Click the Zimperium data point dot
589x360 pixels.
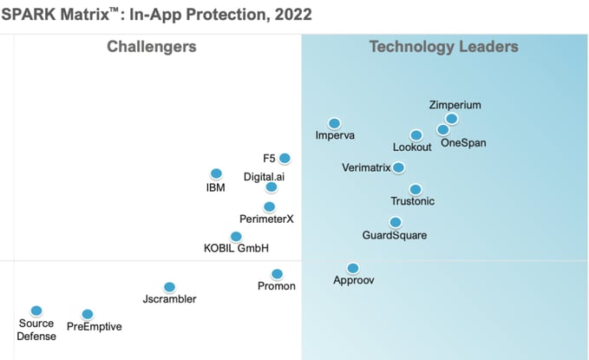(x=451, y=119)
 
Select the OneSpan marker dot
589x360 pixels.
(x=443, y=130)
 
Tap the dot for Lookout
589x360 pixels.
(x=416, y=135)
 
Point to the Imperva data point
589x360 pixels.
(x=334, y=123)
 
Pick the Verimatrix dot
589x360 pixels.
(x=398, y=167)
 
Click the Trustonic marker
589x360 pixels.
(x=416, y=189)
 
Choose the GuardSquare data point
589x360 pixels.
(x=396, y=222)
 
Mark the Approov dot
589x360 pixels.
(x=353, y=268)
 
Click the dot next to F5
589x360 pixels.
(x=285, y=158)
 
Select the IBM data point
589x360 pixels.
(x=216, y=173)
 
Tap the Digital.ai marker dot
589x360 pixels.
(x=272, y=187)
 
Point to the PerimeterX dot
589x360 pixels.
(x=269, y=206)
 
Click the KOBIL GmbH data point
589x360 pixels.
(x=236, y=236)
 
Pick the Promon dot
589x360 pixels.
(x=277, y=274)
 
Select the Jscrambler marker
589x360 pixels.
(x=169, y=287)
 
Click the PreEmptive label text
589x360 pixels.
(x=95, y=327)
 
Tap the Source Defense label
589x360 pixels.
(x=36, y=330)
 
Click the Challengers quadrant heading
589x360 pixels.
(x=151, y=47)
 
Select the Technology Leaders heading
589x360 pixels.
(x=443, y=47)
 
